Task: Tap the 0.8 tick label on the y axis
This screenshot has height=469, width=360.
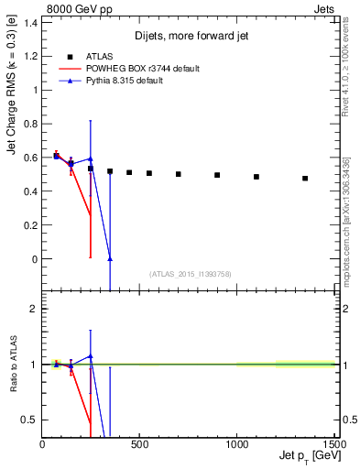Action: (29, 124)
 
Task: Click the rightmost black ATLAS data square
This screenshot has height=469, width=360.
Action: (305, 179)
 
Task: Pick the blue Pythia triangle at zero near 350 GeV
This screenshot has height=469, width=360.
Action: (110, 259)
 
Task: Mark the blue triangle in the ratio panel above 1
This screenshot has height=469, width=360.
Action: (91, 355)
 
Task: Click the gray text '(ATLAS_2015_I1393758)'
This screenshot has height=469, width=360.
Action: (190, 273)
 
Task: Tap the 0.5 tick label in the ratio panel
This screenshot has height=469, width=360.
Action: (29, 420)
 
